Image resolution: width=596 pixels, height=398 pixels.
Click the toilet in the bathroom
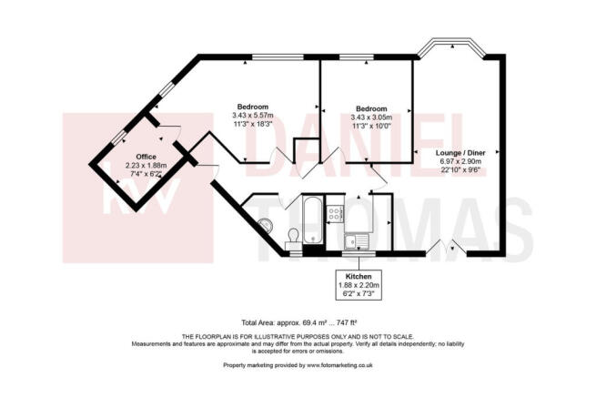(293, 237)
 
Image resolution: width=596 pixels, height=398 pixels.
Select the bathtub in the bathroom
(312, 219)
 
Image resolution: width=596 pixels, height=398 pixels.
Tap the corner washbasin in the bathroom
(266, 224)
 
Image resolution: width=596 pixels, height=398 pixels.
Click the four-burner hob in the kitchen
(335, 215)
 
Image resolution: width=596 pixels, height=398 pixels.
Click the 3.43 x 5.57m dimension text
(253, 115)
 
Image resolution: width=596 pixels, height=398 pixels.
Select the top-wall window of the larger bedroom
(278, 57)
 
